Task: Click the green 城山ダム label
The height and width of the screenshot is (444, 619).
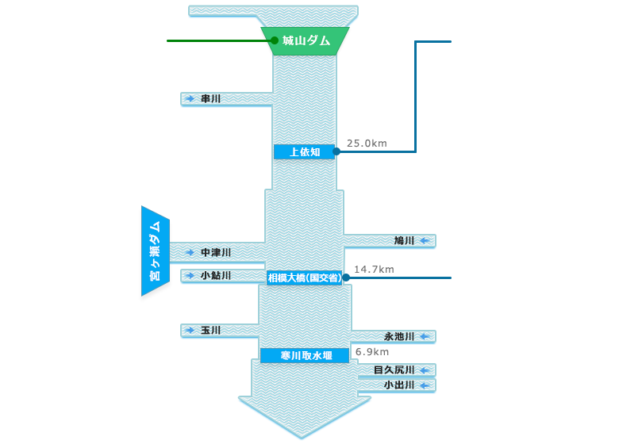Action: [306, 40]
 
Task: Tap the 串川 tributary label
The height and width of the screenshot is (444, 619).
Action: [210, 99]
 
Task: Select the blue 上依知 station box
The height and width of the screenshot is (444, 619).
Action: [305, 151]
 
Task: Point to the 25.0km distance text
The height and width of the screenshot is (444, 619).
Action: [367, 144]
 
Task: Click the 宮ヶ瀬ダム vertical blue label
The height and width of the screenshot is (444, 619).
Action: [155, 251]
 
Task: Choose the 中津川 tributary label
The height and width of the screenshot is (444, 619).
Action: [215, 252]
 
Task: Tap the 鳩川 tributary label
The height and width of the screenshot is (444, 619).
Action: [404, 240]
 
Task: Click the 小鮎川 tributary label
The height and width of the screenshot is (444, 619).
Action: [215, 275]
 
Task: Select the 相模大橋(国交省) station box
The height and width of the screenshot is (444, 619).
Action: [305, 277]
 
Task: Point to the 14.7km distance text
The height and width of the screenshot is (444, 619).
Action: [374, 270]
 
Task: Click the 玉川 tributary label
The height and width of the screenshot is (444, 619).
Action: [210, 330]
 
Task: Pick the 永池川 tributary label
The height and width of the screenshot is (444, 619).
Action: [399, 336]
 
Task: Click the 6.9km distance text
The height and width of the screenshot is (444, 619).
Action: [372, 351]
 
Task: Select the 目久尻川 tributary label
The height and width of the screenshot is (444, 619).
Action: [394, 369]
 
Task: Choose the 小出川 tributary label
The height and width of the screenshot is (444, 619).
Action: [399, 385]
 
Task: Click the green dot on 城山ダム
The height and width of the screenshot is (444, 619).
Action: [275, 40]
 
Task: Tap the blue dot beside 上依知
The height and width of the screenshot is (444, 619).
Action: [336, 151]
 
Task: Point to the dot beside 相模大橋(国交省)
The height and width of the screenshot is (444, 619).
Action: [346, 277]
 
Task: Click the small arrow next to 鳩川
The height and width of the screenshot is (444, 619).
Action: [425, 240]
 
